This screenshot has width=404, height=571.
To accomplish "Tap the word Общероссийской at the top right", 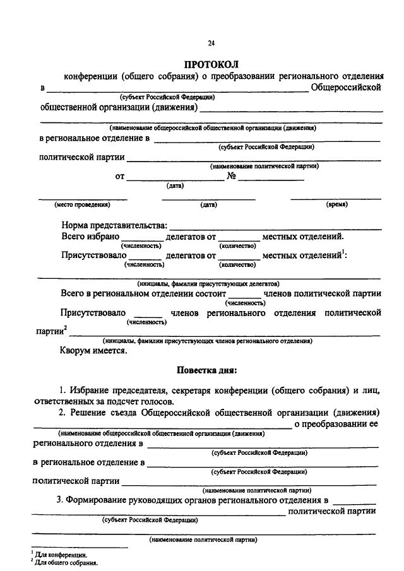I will point(347,86).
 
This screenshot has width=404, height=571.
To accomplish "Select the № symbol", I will point(231,177).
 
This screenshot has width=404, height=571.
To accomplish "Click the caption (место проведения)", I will point(83,204).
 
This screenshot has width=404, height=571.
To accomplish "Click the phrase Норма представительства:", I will point(114,225).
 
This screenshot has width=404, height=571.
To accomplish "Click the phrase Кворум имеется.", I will point(93,351).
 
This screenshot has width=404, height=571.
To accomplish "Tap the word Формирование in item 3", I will point(104,500).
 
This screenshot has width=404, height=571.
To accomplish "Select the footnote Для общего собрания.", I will point(66,563).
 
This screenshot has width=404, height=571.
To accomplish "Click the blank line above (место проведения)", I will point(83,199).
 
